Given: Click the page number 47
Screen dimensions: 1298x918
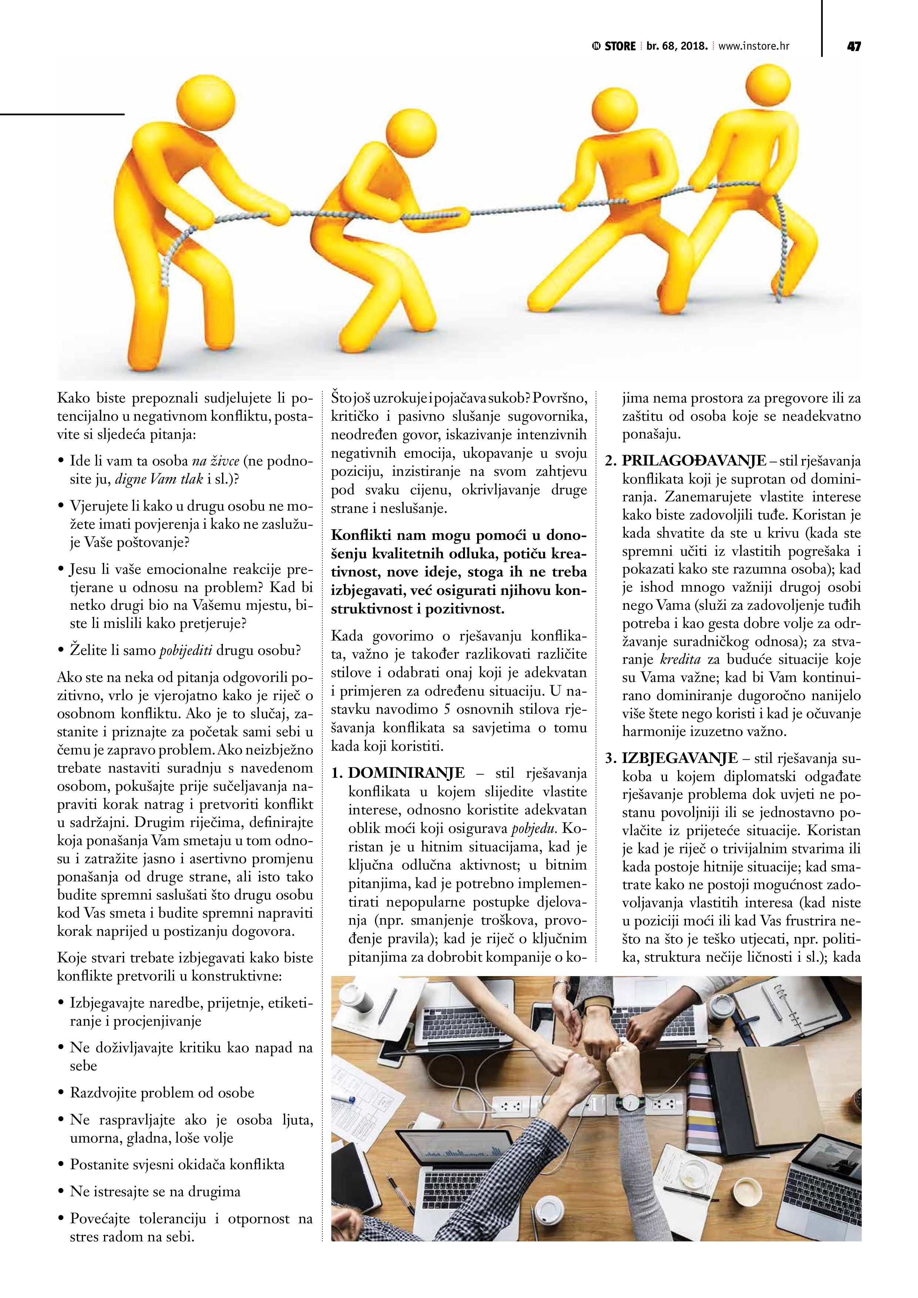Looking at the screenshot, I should point(854,46).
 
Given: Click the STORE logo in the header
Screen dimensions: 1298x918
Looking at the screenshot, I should point(615,46).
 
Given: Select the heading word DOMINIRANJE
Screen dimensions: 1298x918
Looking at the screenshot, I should point(407,773).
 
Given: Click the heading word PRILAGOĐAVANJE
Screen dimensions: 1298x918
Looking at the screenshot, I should point(694,461).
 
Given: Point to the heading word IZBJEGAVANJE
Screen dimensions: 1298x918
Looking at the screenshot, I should point(680,759).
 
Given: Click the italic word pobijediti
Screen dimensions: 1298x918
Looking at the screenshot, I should point(186,650).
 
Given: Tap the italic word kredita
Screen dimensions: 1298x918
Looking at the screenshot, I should point(680,659).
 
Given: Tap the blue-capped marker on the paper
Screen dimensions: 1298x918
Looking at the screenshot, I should point(345,1100).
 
